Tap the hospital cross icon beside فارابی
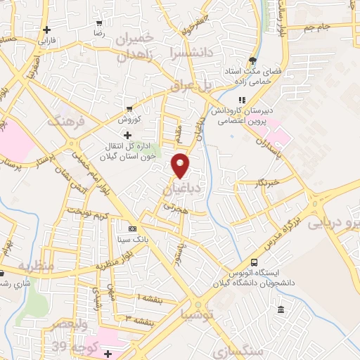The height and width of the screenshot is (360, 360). pos(46,30)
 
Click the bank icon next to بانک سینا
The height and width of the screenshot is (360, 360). pos(131,229)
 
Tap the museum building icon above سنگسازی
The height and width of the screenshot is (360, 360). pos(281,310)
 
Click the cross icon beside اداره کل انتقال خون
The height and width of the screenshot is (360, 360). pos(127,134)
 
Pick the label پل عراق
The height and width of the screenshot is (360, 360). pos(191,86)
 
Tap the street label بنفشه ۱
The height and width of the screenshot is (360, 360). pos(146,298)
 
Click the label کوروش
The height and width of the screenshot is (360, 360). pos(129,118)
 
